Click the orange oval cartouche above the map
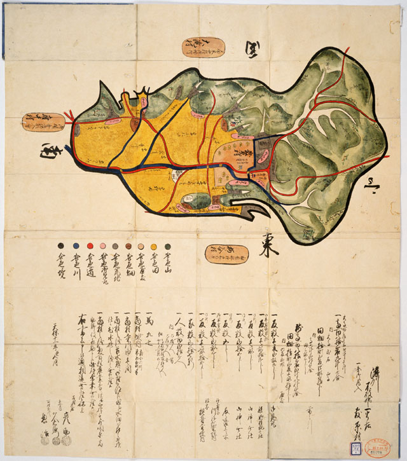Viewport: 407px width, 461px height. pyautogui.click(x=203, y=47)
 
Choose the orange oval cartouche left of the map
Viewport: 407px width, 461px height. pyautogui.click(x=44, y=121)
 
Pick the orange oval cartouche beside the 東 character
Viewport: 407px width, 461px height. pyautogui.click(x=226, y=254)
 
